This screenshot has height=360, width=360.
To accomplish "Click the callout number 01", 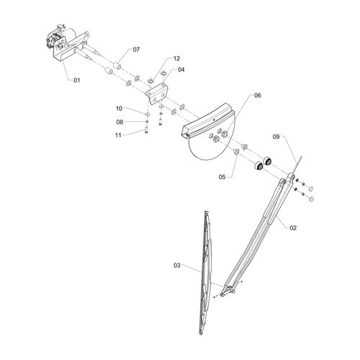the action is [x=77, y=80].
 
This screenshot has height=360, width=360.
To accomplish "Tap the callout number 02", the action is [x=293, y=228].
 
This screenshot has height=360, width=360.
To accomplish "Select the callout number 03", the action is [x=177, y=266].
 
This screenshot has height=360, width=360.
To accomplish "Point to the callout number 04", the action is [x=181, y=70].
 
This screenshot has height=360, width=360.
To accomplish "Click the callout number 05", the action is [x=222, y=177].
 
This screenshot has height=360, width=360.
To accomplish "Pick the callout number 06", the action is [x=258, y=95].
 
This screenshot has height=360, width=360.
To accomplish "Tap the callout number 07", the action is [x=136, y=50].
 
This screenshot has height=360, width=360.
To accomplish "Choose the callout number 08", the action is [x=120, y=122].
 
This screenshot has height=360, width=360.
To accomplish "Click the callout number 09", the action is [x=276, y=137].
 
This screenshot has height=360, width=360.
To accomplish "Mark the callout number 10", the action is [x=120, y=109].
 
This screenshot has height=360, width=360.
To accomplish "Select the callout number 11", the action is [x=118, y=135].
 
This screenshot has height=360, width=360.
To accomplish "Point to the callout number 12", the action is [x=176, y=58].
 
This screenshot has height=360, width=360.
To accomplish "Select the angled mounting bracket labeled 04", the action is [x=156, y=94].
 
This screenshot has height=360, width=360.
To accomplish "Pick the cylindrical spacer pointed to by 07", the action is [x=117, y=66].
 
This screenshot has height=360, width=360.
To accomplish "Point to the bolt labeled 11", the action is [x=146, y=130].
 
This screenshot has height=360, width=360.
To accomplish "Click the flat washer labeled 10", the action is [x=147, y=114].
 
